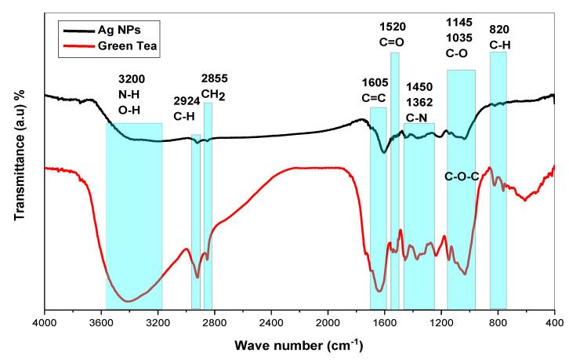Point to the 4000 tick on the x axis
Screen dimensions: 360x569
pos(45,322)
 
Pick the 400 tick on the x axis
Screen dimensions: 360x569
pos(554,322)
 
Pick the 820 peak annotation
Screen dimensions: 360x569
pos(499,24)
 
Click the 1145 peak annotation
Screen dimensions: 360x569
pos(461,24)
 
